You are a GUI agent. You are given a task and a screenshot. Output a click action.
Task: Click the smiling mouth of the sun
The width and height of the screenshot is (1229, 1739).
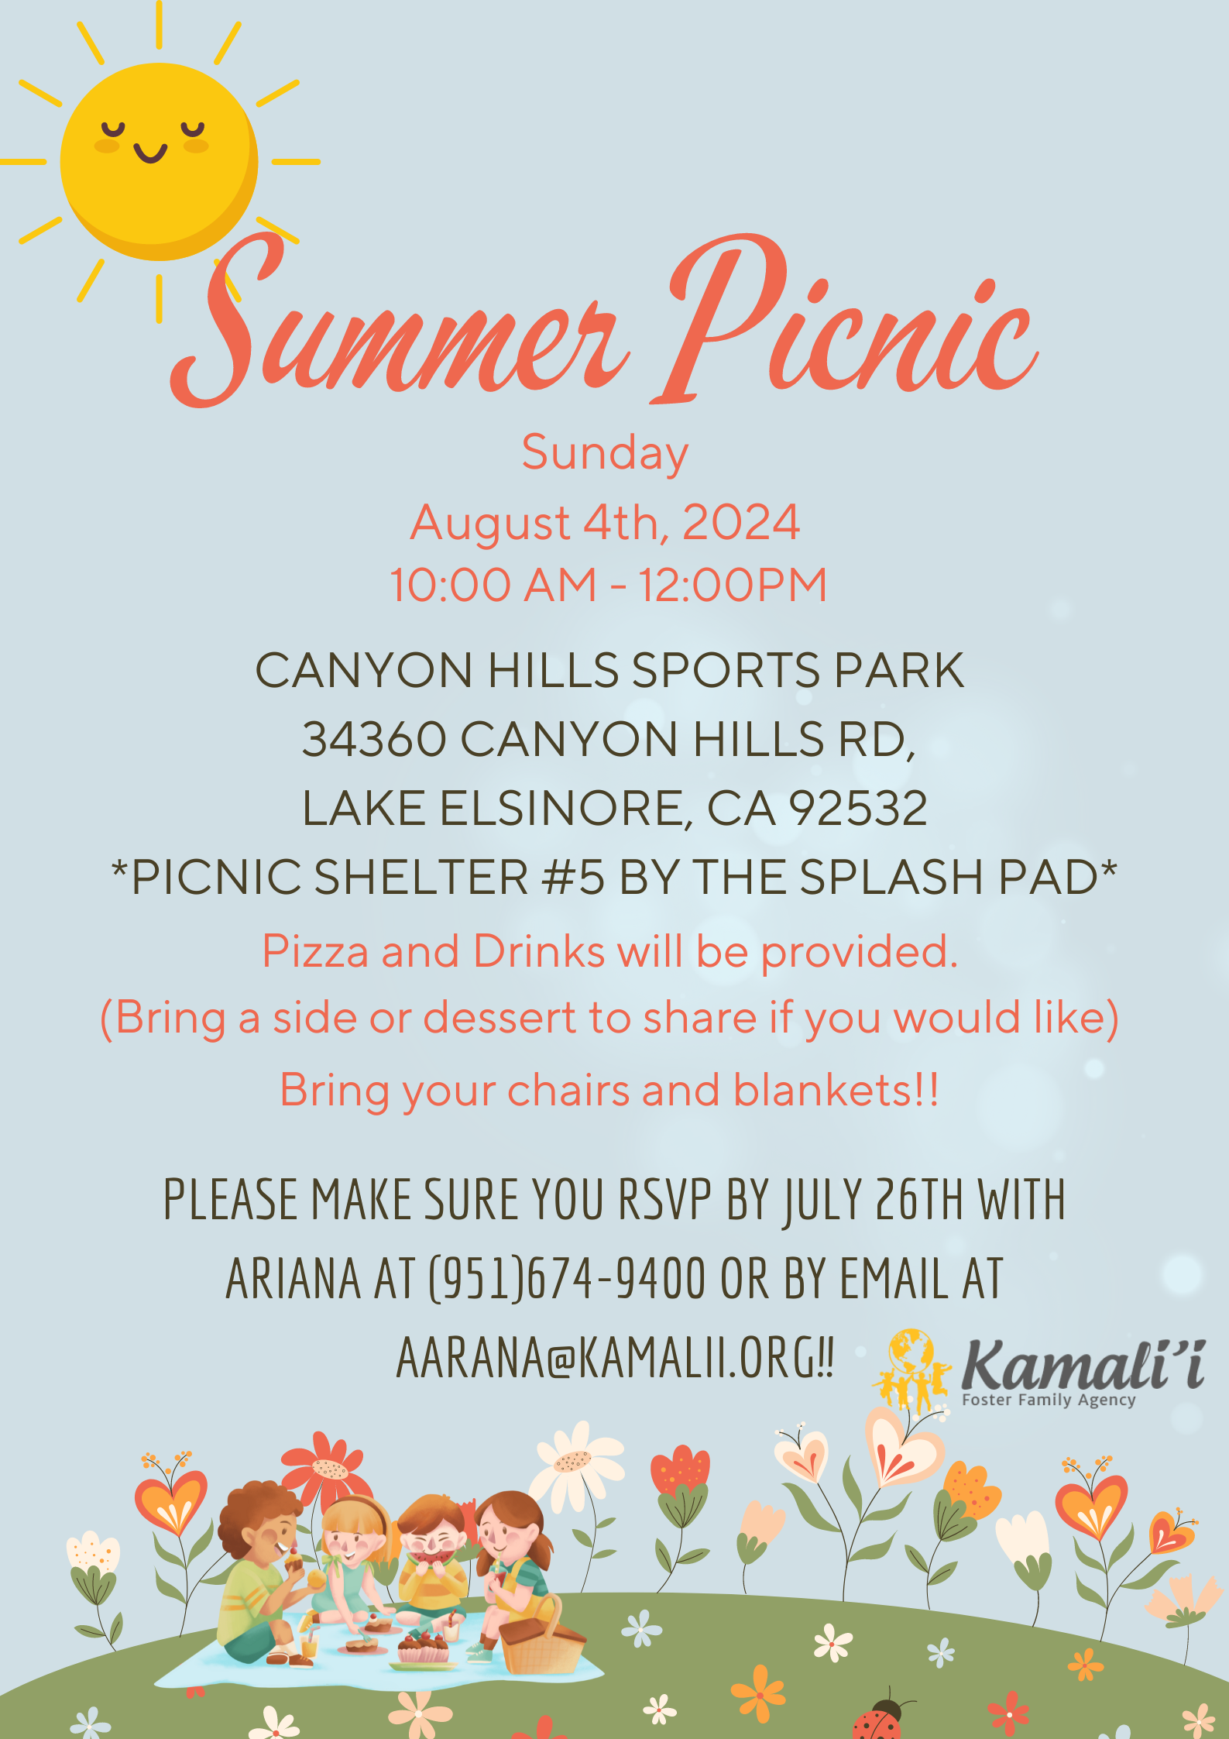150,153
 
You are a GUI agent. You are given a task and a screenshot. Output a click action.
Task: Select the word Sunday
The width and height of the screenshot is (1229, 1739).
605,453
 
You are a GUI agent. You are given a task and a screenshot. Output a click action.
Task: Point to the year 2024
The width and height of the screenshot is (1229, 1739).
741,522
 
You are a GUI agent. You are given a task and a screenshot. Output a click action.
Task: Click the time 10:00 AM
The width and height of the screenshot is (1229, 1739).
493,584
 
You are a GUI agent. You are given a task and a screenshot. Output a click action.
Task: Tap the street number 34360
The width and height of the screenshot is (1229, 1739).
374,739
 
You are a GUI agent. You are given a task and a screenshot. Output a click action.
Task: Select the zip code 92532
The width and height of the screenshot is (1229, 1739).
858,809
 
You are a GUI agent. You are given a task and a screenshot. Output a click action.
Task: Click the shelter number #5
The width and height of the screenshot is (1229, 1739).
573,877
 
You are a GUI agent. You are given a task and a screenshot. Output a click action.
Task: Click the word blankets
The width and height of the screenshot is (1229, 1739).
824,1091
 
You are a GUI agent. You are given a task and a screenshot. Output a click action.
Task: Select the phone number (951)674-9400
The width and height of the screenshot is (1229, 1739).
567,1279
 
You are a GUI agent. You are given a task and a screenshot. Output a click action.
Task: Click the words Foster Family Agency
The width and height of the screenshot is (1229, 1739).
1049,1400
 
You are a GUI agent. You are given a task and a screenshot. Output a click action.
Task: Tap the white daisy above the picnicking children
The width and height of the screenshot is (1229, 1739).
576,1462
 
